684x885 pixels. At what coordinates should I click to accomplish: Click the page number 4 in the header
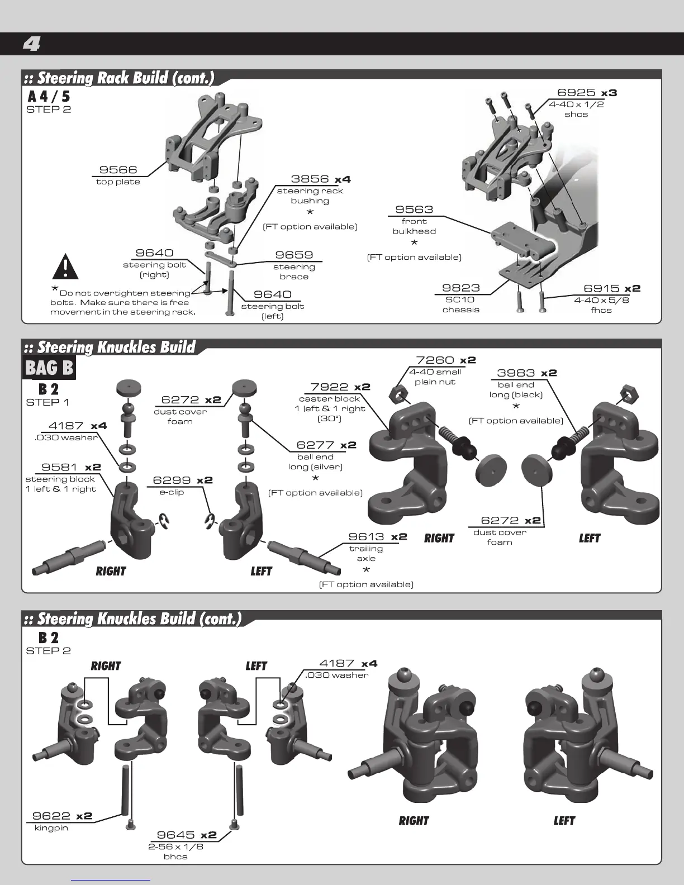click(x=31, y=44)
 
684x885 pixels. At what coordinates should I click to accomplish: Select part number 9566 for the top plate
click(x=118, y=170)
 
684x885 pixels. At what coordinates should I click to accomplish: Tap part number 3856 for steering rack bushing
click(x=310, y=179)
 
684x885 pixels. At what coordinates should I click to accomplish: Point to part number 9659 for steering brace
click(x=294, y=255)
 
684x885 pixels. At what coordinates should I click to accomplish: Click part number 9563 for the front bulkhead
click(x=414, y=210)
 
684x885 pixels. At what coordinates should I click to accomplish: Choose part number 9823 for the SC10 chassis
click(x=461, y=288)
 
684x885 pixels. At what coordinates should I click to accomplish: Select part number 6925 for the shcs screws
click(x=576, y=93)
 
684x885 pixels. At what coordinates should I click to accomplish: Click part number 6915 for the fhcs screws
click(x=601, y=288)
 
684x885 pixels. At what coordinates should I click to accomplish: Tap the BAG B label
click(x=49, y=368)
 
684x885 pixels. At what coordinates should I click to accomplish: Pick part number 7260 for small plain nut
click(x=435, y=360)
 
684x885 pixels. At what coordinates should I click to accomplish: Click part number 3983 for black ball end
click(x=516, y=373)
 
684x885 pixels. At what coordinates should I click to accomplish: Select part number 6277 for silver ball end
click(x=315, y=445)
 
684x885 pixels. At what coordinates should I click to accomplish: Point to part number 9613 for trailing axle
click(x=367, y=537)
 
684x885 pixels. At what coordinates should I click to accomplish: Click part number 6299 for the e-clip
click(x=172, y=480)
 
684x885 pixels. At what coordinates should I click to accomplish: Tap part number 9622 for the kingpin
click(x=51, y=816)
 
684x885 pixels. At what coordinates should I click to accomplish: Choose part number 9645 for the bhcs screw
click(x=175, y=835)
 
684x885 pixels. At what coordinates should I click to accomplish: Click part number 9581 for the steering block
click(x=60, y=467)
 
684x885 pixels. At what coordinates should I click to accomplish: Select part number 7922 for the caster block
click(x=329, y=387)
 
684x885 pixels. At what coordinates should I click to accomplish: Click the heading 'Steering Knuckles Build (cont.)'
click(x=139, y=619)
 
